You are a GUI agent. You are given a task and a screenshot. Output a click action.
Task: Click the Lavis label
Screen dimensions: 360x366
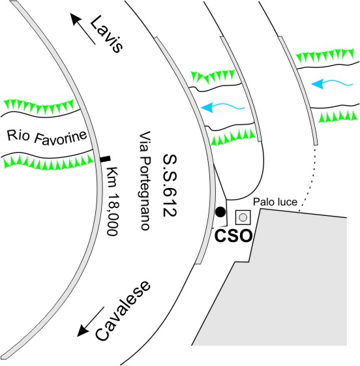pos(106,34)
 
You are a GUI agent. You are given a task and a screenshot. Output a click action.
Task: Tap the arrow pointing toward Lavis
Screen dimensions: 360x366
pos(83,29)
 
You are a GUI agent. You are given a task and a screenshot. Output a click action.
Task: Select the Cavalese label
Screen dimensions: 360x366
pos(123,311)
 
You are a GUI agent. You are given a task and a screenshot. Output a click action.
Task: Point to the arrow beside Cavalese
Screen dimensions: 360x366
pos(91,322)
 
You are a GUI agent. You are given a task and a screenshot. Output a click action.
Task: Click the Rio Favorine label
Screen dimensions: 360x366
pos(47,137)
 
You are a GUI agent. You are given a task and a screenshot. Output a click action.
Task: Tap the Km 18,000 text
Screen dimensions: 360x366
pos(112,201)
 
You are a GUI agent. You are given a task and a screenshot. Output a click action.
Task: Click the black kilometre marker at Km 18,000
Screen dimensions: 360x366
pos(105,159)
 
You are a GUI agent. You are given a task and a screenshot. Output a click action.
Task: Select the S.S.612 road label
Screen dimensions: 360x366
pos(170,185)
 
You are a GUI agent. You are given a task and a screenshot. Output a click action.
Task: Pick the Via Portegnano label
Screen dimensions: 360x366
pos(145,181)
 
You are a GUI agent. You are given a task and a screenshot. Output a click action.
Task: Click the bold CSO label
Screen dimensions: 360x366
pos(233,236)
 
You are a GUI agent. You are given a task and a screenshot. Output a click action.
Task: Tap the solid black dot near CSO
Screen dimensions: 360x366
pos(220,212)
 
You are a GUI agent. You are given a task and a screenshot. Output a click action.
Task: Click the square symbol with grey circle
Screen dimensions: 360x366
pos(243,217)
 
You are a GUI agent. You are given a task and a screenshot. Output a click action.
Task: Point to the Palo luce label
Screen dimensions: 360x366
pos(275,202)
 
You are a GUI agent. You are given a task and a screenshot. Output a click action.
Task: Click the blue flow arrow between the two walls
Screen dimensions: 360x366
pos(223,108)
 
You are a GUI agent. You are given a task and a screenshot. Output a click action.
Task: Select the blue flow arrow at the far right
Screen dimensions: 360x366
pos(332,84)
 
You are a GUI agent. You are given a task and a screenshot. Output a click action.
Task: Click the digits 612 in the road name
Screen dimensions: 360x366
pos(170,202)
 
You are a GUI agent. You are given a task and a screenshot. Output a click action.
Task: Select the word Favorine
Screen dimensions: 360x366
pos(61,138)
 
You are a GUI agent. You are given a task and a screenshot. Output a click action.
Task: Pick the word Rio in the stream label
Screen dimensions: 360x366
pos(18,136)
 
